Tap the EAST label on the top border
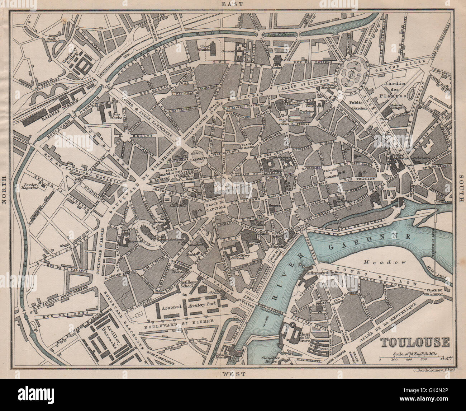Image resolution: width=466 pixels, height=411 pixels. coord(232,4)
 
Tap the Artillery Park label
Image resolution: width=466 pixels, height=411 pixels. coord(201,307)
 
